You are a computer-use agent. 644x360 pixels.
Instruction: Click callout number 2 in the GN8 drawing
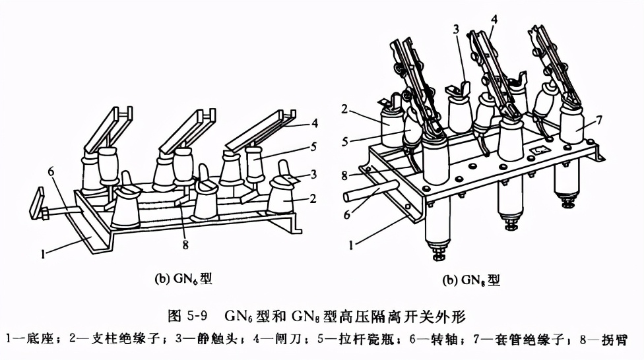click(344, 109)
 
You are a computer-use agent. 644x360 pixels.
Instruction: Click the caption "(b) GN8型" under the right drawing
click(471, 280)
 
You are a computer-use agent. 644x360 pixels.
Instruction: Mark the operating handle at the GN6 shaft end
click(36, 204)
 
